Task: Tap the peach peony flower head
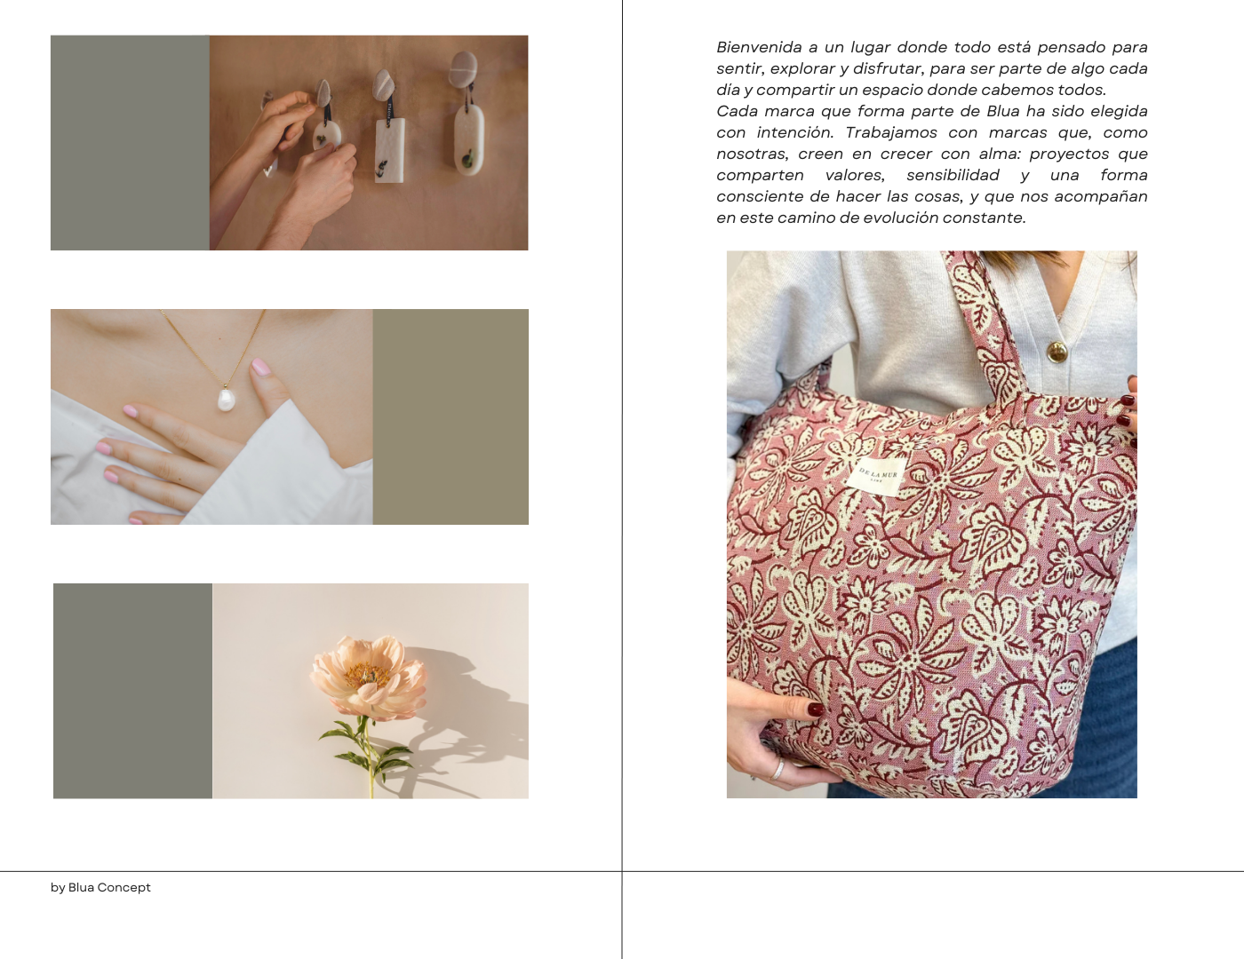click(x=368, y=677)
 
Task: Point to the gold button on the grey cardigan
click(x=1057, y=351)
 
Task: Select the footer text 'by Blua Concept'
click(x=100, y=887)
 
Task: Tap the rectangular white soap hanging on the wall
click(x=390, y=150)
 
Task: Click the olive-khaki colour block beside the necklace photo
click(x=451, y=416)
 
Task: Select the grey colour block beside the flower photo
click(x=132, y=691)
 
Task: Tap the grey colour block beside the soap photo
click(x=130, y=143)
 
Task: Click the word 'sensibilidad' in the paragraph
click(x=953, y=175)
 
